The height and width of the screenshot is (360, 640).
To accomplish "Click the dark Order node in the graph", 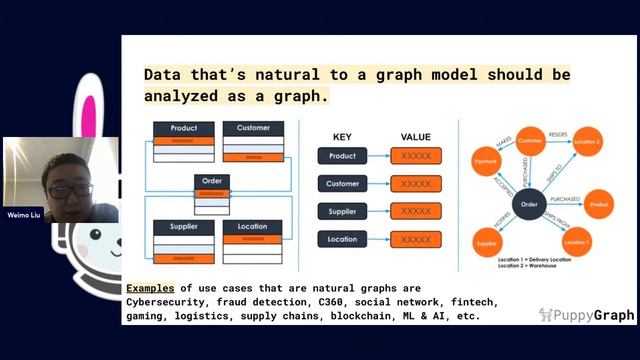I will pos(530,204).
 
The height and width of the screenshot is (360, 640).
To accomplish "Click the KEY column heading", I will pos(342,136).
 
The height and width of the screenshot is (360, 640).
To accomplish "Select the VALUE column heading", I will pos(416,136).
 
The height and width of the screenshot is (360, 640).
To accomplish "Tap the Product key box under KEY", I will pos(342,156).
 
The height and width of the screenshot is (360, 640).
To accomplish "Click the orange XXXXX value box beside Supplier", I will pos(416,212).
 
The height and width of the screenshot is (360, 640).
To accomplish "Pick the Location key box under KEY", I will pos(342,240).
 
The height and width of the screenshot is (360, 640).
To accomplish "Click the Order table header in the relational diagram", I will pos(212,182).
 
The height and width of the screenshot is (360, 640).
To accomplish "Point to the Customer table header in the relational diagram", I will pos(253,128).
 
